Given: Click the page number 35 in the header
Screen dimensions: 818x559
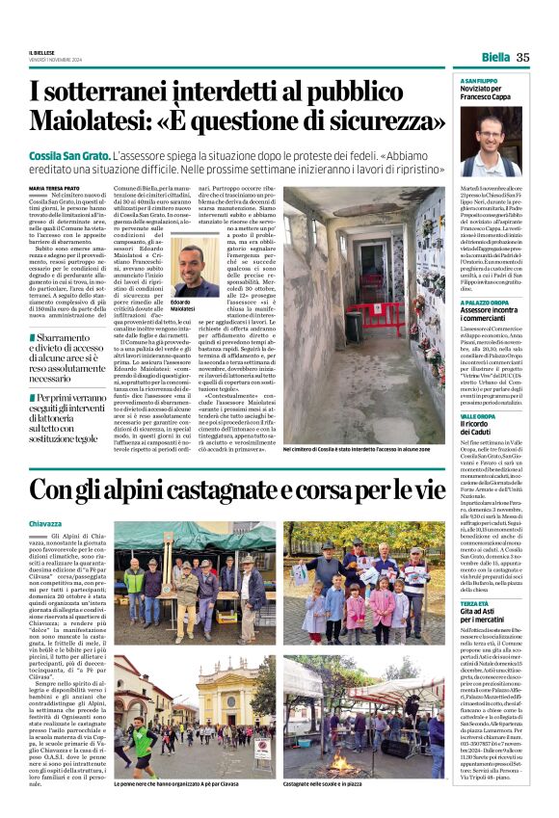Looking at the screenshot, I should coord(522,57).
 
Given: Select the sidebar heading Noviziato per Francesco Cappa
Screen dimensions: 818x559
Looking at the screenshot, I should coord(488,93).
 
